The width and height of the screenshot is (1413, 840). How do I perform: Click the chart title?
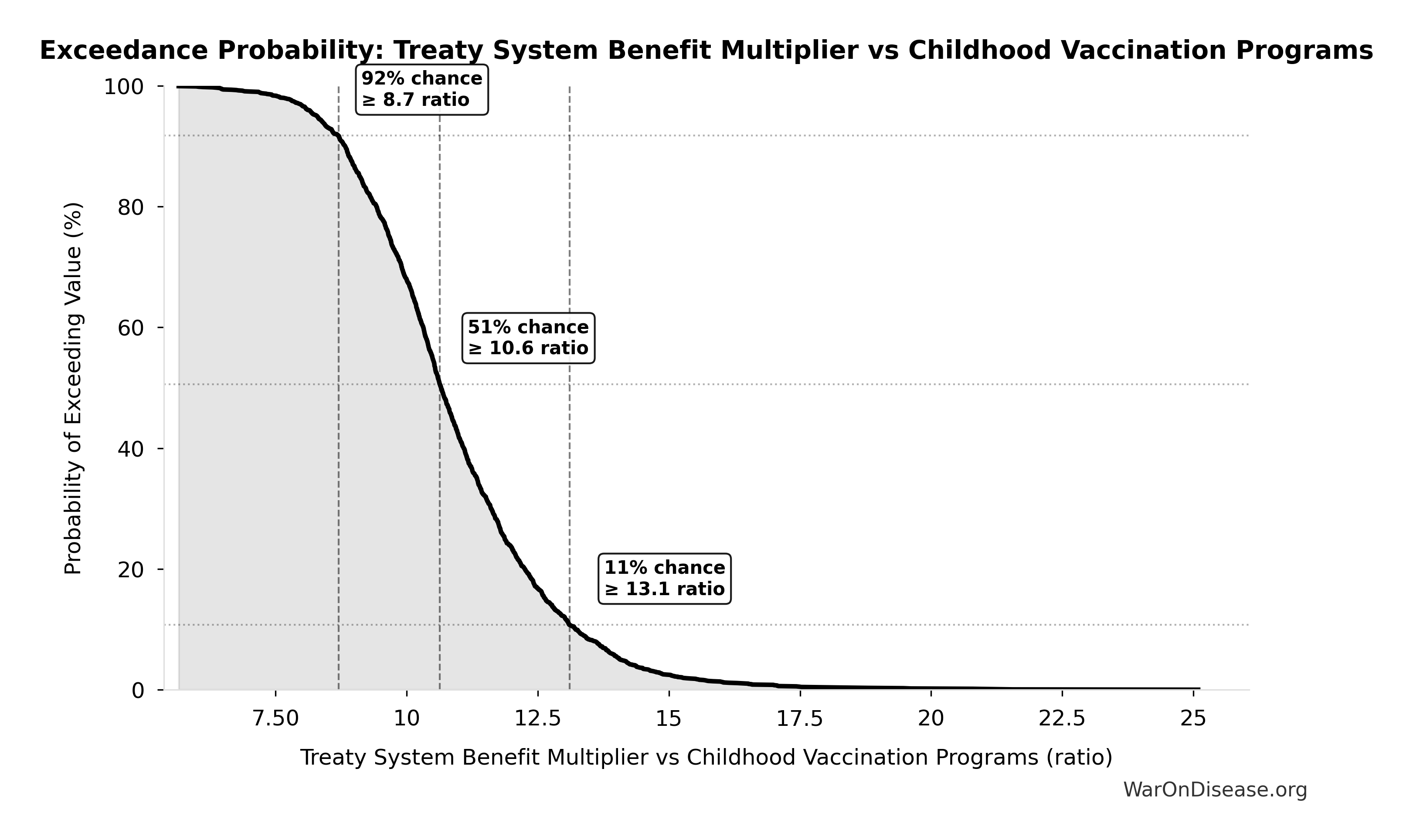tap(706, 51)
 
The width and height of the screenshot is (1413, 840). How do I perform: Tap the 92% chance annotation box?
tap(422, 89)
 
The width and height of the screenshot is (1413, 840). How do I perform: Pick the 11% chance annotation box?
tap(665, 579)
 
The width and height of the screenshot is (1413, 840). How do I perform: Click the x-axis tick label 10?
tap(407, 719)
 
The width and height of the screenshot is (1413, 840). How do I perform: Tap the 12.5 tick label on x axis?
tap(537, 719)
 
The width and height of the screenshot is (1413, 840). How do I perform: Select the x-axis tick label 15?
tap(669, 719)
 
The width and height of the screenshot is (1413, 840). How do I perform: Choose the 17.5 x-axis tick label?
tap(799, 719)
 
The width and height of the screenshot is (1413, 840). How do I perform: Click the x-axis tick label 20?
tap(931, 719)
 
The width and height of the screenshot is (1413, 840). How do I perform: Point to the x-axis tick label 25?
tap(1193, 719)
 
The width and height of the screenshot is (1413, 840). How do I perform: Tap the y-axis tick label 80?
tap(130, 208)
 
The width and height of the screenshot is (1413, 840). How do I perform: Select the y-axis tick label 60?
tap(130, 329)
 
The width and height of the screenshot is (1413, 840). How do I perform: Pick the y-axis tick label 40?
tap(130, 449)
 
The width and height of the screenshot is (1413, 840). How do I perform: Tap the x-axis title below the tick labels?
tap(706, 757)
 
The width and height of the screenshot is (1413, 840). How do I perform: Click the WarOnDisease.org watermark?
tap(1215, 789)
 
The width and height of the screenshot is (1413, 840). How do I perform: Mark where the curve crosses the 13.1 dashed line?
tap(570, 624)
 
